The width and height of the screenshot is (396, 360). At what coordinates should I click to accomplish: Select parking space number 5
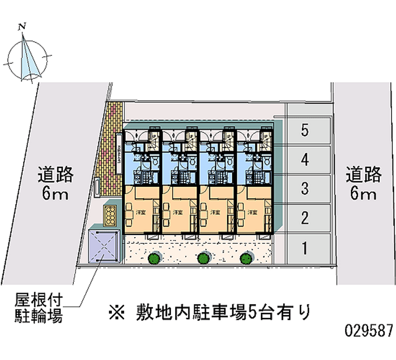coord(305,131)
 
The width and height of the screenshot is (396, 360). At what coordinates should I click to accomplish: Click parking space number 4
coord(305,160)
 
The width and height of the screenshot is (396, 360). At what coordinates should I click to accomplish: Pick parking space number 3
coord(305,189)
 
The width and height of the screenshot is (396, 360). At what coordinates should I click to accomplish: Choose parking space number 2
coord(305,217)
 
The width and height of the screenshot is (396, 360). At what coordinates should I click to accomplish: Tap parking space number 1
coord(305,246)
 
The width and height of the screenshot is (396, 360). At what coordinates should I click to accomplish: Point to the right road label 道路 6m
coord(364,183)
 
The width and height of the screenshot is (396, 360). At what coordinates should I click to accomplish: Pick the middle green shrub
coord(202,258)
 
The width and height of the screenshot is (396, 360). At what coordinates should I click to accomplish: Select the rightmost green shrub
coord(246,258)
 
